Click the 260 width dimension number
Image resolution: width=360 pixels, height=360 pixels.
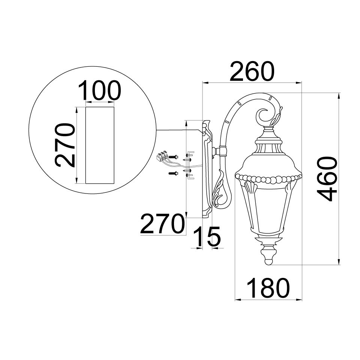tap(252, 71)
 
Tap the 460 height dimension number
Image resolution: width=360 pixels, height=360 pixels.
tap(327, 179)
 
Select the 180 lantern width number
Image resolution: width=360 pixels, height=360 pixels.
tap(268, 288)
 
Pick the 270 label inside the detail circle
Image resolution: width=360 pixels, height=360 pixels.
tap(65, 145)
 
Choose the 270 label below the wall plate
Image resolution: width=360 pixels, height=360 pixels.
tap(162, 223)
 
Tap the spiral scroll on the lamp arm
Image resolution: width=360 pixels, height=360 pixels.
tap(264, 116)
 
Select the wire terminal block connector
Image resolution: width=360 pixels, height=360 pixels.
tap(162, 156)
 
